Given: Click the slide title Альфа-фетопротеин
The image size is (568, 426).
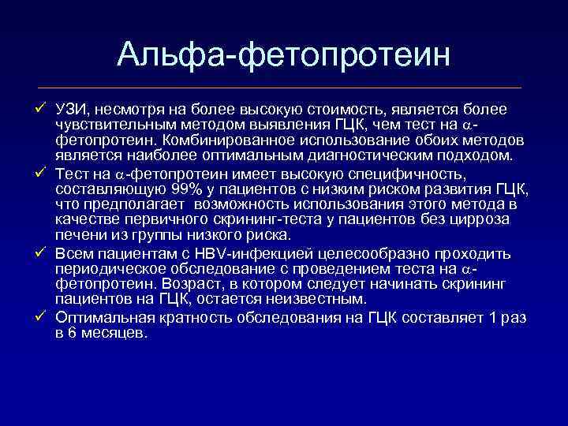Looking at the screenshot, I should tap(284, 55).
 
